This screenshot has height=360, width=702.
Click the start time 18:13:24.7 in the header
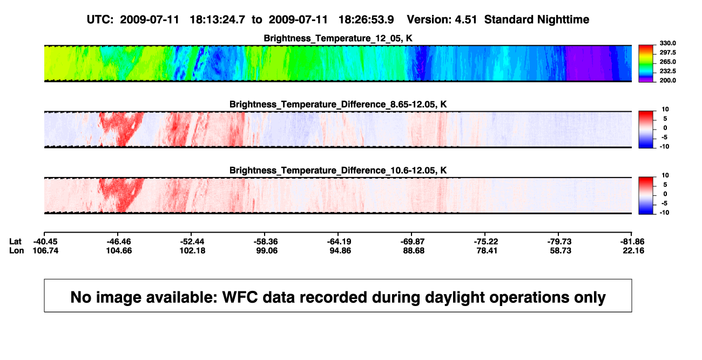[x=217, y=20]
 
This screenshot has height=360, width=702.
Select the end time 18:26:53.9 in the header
[x=366, y=20]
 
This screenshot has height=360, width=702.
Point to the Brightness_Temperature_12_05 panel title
[x=338, y=38]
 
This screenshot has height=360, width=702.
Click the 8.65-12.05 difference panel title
[x=338, y=104]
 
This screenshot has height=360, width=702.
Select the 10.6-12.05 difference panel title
[x=338, y=171]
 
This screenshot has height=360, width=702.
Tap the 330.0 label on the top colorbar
[x=667, y=43]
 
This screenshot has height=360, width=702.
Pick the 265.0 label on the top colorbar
[x=667, y=62]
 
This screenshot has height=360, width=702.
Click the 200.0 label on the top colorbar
[x=667, y=80]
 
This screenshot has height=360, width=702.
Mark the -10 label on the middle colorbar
[x=664, y=146]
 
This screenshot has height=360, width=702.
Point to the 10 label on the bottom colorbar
[x=665, y=175]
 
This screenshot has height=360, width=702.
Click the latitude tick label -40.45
[x=45, y=242]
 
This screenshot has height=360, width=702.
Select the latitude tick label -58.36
[x=266, y=242]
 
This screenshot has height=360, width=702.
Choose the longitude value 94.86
[x=340, y=250]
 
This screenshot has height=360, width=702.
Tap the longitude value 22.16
[x=633, y=250]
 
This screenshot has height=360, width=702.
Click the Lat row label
[x=15, y=242]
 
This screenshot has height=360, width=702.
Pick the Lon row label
[x=16, y=250]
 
